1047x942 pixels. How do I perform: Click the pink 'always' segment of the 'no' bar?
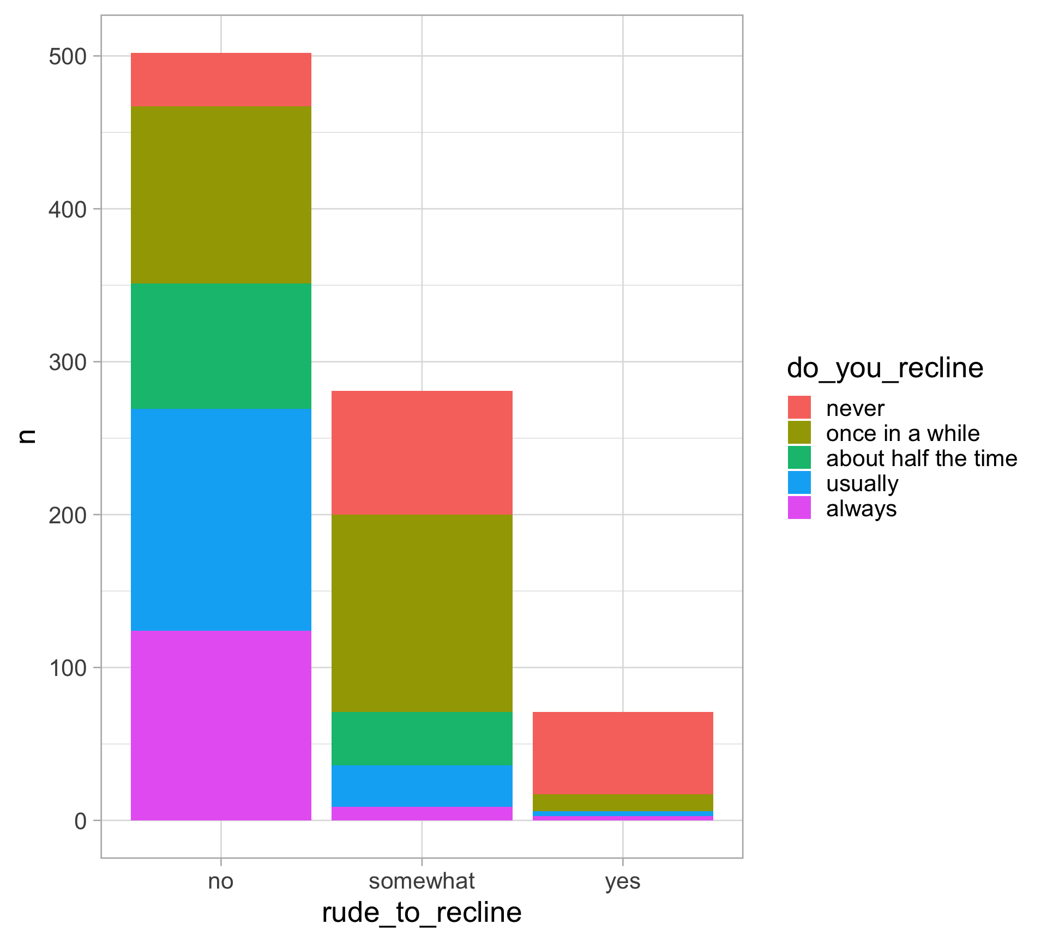point(221,725)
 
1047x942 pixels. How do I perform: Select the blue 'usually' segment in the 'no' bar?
point(221,520)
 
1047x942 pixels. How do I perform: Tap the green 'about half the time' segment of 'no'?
point(221,346)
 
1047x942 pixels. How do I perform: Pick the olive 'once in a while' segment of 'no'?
point(221,195)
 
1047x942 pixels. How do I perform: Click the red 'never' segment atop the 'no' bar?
point(221,80)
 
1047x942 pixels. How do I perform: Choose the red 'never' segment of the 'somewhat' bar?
point(422,452)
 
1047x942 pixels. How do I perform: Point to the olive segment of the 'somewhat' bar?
point(422,613)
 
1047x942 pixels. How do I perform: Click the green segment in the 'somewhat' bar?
point(422,738)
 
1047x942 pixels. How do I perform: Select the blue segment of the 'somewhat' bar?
point(422,786)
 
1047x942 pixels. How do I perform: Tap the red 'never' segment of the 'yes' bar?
point(623,753)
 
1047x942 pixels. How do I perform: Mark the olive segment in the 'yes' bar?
point(623,802)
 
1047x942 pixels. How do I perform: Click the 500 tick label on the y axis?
point(68,57)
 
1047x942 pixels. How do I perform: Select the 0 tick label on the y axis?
point(81,821)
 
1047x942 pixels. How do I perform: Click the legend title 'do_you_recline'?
point(884,368)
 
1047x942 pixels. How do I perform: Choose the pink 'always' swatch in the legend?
point(799,508)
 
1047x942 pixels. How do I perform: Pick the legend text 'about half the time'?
point(921,458)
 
